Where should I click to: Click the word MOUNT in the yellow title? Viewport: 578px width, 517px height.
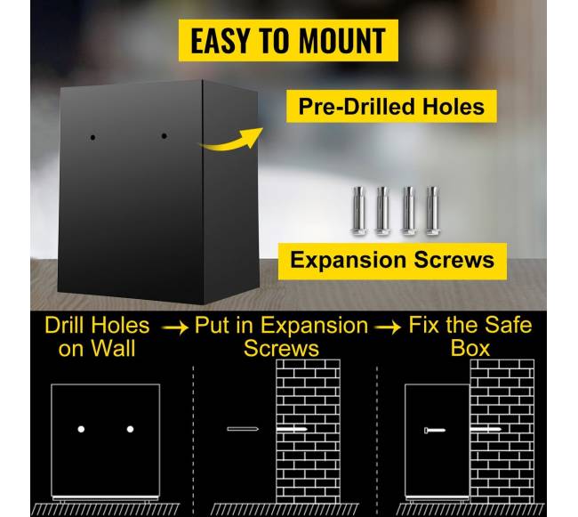pyautogui.click(x=342, y=40)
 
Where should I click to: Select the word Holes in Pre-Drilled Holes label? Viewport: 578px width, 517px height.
pyautogui.click(x=453, y=107)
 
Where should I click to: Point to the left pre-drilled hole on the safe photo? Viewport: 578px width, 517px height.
pyautogui.click(x=92, y=138)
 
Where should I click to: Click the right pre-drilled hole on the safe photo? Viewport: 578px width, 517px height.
pyautogui.click(x=164, y=136)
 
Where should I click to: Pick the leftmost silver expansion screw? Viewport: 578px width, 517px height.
pyautogui.click(x=359, y=211)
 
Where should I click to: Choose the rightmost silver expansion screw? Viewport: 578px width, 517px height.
pyautogui.click(x=432, y=211)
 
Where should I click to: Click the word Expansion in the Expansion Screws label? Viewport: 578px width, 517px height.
pyautogui.click(x=349, y=261)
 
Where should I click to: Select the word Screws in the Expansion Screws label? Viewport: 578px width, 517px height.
pyautogui.click(x=454, y=260)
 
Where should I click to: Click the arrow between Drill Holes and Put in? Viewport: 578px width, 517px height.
pyautogui.click(x=174, y=327)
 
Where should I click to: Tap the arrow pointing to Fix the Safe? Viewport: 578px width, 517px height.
pyautogui.click(x=388, y=327)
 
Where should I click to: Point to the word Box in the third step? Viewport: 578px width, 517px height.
pyautogui.click(x=470, y=348)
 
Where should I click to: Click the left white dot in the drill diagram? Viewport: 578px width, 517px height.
pyautogui.click(x=81, y=429)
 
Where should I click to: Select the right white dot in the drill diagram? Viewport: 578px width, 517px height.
pyautogui.click(x=130, y=429)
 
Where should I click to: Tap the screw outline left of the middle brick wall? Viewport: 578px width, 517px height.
pyautogui.click(x=243, y=429)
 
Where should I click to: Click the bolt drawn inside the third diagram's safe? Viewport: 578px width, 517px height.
pyautogui.click(x=435, y=430)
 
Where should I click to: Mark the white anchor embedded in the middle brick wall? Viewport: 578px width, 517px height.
pyautogui.click(x=292, y=430)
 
